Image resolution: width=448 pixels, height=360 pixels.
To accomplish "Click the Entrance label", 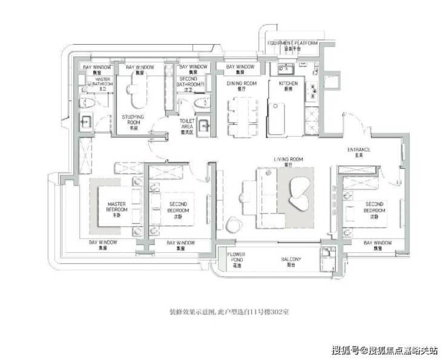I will click(x=358, y=151).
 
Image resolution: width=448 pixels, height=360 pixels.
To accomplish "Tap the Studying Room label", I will click(x=133, y=119).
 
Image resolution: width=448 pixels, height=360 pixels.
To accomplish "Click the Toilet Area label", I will click(x=187, y=124).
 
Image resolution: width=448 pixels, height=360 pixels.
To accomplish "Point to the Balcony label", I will click(x=291, y=261).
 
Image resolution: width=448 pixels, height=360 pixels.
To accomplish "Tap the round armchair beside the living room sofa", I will click(x=232, y=225).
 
